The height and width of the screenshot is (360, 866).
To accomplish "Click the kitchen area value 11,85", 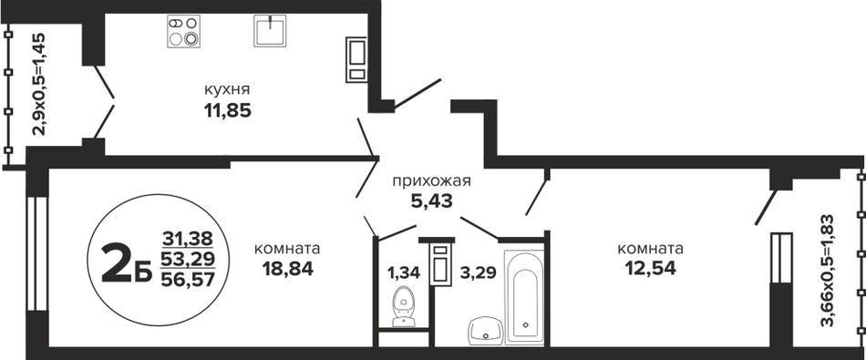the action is pyautogui.click(x=228, y=111).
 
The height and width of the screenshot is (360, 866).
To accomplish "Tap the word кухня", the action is pyautogui.click(x=227, y=89).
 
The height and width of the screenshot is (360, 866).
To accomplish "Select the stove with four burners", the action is pyautogui.click(x=184, y=32).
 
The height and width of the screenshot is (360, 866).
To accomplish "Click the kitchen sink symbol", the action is pyautogui.click(x=270, y=30).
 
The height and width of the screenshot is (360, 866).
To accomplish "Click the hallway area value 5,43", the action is pyautogui.click(x=432, y=201).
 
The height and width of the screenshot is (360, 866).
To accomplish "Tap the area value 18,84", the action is pyautogui.click(x=288, y=269).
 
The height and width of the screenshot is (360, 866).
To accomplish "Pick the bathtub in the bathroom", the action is pyautogui.click(x=524, y=297).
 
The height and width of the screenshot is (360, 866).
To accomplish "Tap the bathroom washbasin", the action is pyautogui.click(x=486, y=330).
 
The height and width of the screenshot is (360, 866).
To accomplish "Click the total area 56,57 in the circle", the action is pyautogui.click(x=188, y=281).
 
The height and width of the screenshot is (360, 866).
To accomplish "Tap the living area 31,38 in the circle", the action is pyautogui.click(x=188, y=239).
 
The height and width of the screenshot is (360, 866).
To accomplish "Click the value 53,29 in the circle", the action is pyautogui.click(x=188, y=259).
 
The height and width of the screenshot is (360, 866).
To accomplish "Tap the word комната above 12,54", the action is pyautogui.click(x=651, y=249).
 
